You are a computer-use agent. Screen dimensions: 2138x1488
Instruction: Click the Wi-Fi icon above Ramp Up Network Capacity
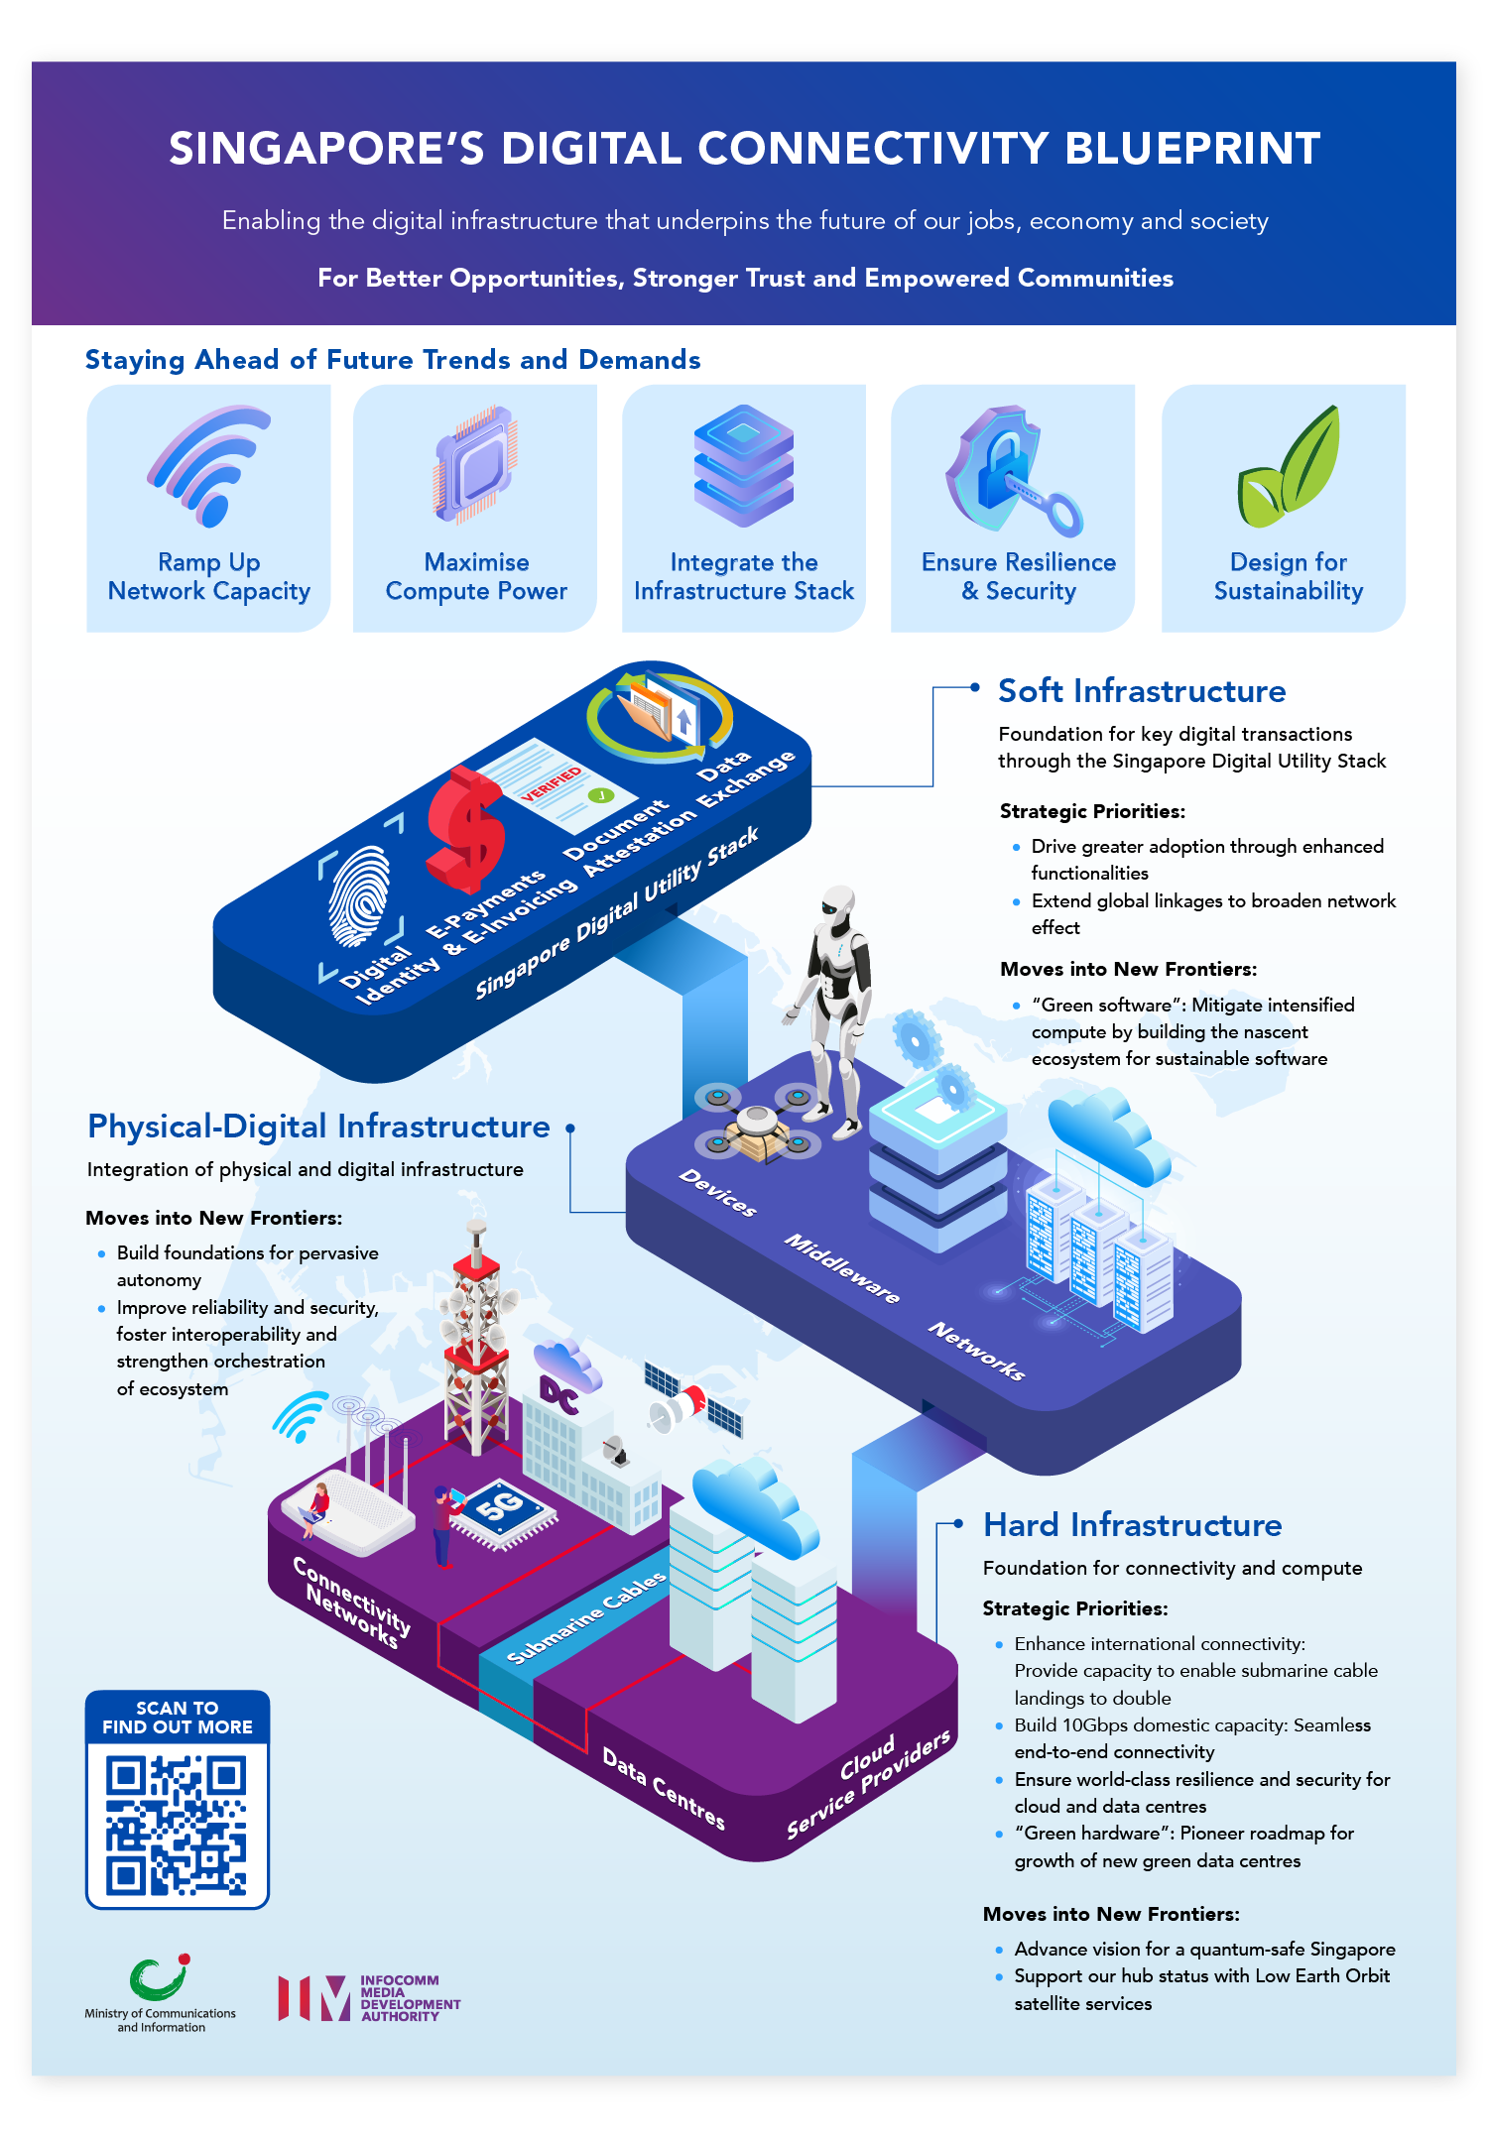pos(208,464)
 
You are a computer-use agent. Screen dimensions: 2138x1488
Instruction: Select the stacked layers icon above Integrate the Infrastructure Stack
pos(744,464)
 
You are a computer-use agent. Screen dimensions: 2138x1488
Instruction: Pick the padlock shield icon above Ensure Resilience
pos(1007,468)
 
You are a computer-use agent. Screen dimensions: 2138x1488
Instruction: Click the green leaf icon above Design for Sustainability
pos(1289,468)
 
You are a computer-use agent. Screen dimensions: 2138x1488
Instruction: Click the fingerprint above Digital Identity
pos(359,895)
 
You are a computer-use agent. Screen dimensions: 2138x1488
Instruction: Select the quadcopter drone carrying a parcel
pos(756,1126)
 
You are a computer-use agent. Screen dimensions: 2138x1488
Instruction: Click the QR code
pos(177,1825)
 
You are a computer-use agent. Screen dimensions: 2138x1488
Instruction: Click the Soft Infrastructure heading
pos(1142,691)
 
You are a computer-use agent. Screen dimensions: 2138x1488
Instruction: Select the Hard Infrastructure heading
pos(1132,1525)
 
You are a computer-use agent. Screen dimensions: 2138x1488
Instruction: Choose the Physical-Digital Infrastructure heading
pos(318,1127)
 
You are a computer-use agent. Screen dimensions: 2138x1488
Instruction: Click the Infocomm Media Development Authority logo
pos(369,1997)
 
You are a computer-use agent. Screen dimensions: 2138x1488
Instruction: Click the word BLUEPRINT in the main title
pos(1192,149)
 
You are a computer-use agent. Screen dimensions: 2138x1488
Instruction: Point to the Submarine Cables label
pos(586,1617)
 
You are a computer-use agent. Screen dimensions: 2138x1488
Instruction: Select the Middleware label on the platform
pos(842,1268)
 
